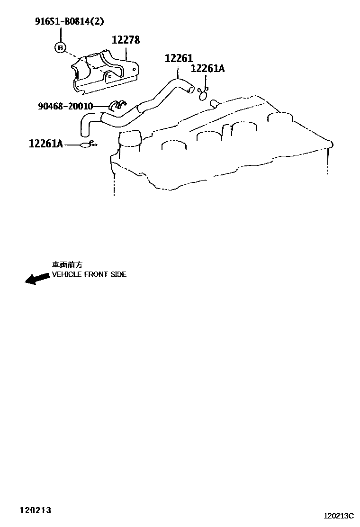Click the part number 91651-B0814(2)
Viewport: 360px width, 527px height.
coord(69,22)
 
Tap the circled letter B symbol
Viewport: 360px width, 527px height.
coord(60,47)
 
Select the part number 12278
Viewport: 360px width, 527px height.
coord(126,40)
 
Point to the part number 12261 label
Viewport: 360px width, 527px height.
coord(179,58)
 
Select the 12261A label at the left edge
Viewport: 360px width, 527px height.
coord(46,143)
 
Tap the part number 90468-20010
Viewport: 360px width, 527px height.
coord(65,106)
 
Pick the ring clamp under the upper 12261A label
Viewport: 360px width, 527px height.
coord(204,95)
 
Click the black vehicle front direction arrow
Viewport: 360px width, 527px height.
coord(37,279)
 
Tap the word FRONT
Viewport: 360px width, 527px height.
coord(97,274)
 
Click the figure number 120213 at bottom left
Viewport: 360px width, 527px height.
coord(35,510)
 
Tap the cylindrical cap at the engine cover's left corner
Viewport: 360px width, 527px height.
coord(131,139)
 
